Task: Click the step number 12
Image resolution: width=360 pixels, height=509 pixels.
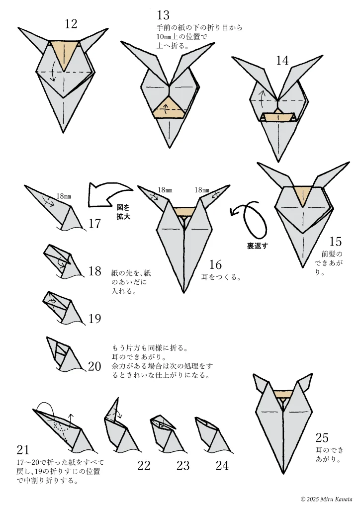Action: point(71,24)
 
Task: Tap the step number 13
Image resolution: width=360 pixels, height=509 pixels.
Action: point(163,15)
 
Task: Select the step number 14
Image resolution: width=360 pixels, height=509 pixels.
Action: point(282,60)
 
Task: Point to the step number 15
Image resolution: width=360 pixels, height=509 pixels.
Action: point(336,242)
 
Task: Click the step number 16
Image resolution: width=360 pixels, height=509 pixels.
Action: point(215,265)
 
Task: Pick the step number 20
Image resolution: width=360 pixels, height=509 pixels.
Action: point(95,366)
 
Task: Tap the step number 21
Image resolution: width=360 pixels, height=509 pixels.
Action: point(23,450)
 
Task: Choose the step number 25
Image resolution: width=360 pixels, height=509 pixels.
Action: point(322,438)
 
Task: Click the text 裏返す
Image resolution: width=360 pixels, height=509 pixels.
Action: point(258,246)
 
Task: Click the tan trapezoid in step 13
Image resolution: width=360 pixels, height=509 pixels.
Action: point(168,107)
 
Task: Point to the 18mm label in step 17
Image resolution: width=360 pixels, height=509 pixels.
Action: point(64,196)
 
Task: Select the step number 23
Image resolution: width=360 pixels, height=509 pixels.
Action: point(183,466)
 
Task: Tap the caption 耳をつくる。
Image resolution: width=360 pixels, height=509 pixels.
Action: point(221,277)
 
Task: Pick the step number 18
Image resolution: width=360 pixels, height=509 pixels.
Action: point(95,271)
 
